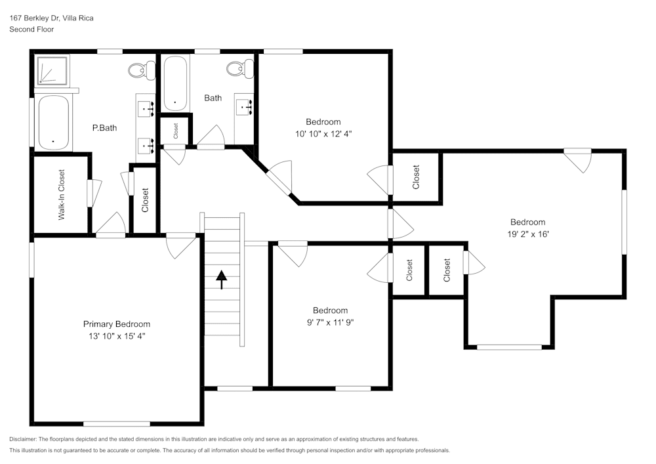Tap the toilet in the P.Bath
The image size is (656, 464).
[x=138, y=70]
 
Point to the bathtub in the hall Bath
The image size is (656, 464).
[x=175, y=83]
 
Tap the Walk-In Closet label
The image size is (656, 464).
[x=61, y=194]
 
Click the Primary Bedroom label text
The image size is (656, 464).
[x=116, y=324]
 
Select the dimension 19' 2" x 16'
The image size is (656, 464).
[x=527, y=233]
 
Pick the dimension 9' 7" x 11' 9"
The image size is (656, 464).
[x=330, y=322]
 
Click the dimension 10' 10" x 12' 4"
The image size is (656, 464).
[x=323, y=133]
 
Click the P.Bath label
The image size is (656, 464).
[x=104, y=128]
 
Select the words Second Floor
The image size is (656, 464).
[x=31, y=30]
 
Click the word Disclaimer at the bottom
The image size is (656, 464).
[x=23, y=439]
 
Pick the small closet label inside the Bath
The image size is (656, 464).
[x=176, y=131]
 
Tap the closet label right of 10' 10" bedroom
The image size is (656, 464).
[x=416, y=177]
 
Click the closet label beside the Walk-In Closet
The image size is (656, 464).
[x=145, y=200]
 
